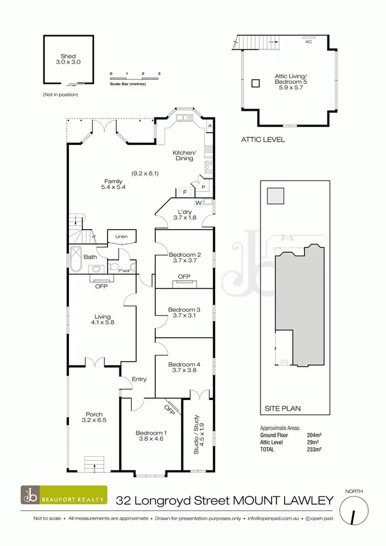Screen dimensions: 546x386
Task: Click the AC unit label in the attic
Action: point(309,42)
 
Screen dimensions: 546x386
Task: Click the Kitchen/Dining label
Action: point(184,155)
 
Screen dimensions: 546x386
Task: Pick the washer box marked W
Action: point(198,202)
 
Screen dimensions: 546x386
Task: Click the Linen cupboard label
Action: point(121,237)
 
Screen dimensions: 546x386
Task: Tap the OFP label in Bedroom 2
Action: point(184,277)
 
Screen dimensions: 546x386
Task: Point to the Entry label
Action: point(139,379)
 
